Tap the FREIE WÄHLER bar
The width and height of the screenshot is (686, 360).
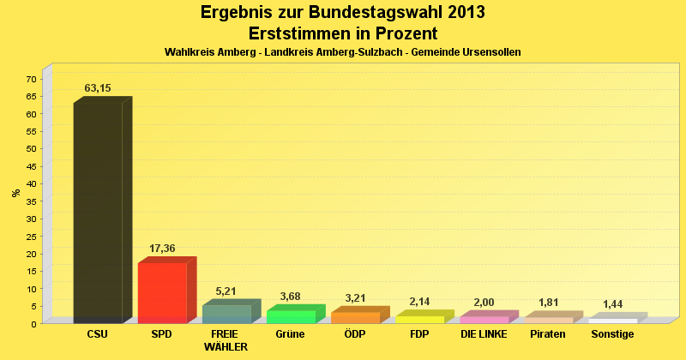tap(226, 314)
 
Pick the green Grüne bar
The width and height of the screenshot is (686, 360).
tap(291, 315)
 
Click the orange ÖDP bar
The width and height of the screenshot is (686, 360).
tap(355, 317)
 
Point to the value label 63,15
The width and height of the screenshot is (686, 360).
tap(98, 88)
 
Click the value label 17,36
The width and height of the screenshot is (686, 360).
tap(162, 249)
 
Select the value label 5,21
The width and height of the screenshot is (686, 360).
tap(226, 291)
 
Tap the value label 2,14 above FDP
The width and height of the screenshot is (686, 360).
tap(419, 302)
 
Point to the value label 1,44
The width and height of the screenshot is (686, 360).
tap(613, 304)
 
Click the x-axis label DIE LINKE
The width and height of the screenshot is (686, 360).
tap(484, 334)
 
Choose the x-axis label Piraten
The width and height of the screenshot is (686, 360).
tap(548, 334)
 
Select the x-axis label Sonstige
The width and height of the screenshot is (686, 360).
tap(612, 334)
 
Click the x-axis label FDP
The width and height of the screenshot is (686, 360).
tap(419, 334)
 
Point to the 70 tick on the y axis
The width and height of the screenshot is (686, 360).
tap(31, 79)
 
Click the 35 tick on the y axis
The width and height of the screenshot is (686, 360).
tap(31, 201)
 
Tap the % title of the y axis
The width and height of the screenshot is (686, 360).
tap(15, 193)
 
